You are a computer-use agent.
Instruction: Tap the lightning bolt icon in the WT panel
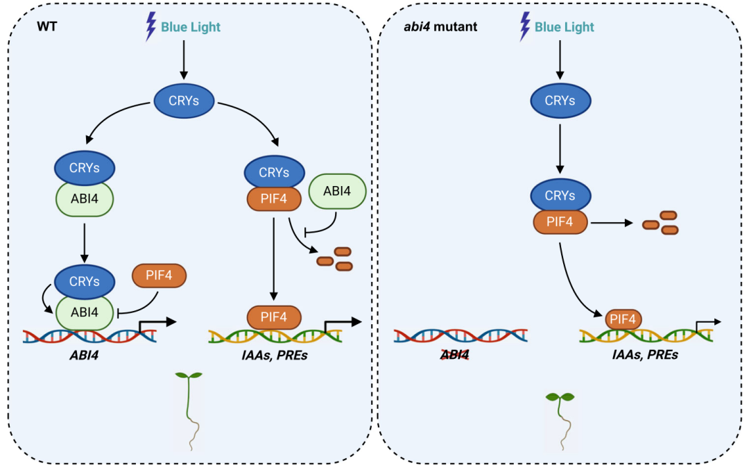[x=150, y=26]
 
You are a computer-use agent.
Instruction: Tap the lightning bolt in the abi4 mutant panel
[x=524, y=26]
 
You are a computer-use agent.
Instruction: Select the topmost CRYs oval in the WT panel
[x=182, y=101]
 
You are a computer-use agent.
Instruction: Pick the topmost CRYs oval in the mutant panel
[x=560, y=101]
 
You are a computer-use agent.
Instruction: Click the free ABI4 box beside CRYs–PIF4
[x=336, y=191]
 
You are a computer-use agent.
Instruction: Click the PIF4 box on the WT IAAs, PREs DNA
[x=274, y=317]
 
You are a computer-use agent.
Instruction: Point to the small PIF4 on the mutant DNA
[x=623, y=320]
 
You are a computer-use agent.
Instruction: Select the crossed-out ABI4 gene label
[x=455, y=355]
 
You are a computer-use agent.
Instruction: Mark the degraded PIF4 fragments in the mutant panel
[x=660, y=222]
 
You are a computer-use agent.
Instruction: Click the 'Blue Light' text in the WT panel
[x=191, y=28]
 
